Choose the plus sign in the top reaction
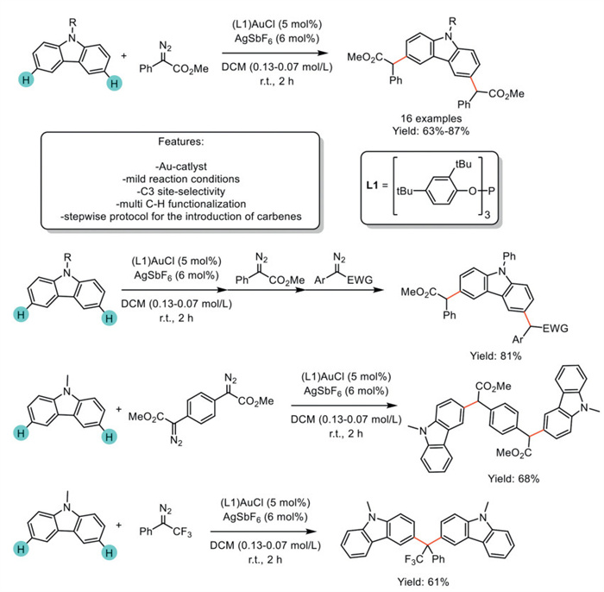coord(125,57)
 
